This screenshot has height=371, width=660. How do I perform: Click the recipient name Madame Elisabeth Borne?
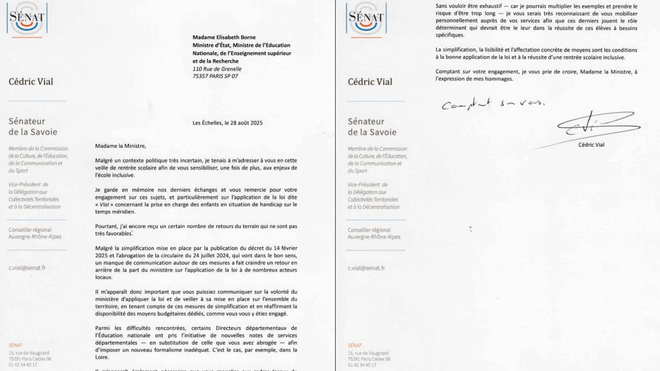click(224, 38)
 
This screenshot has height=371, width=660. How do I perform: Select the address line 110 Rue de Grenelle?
click(217, 68)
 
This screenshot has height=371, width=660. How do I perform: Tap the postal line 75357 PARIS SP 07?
click(215, 76)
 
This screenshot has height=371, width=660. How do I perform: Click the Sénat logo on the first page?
click(27, 19)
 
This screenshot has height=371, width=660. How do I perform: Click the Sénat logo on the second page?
click(366, 19)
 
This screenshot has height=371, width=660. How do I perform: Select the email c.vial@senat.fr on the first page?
click(27, 267)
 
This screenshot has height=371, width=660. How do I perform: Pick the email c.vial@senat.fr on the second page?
click(366, 267)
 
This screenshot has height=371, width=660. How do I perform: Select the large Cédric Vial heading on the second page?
click(370, 82)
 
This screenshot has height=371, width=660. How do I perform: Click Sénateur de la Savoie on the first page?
click(33, 127)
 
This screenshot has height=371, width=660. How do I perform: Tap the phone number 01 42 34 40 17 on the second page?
click(363, 365)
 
